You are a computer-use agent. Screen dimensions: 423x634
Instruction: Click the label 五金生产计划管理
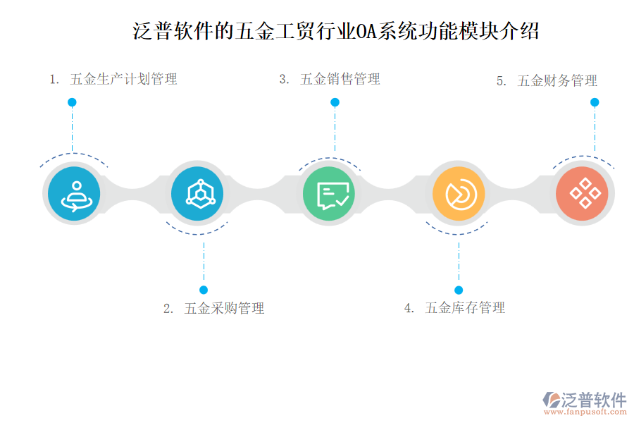(123, 79)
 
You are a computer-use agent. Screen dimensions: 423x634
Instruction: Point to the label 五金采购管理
(224, 308)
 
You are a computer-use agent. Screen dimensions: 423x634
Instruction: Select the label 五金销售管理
(340, 79)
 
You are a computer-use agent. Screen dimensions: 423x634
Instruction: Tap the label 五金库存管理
(465, 308)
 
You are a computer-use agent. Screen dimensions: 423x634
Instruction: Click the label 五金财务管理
(557, 81)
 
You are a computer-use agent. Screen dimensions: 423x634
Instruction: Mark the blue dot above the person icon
(72, 102)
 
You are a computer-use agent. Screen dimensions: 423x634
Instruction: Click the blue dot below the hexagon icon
(204, 290)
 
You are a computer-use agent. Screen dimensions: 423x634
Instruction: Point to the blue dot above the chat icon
(335, 102)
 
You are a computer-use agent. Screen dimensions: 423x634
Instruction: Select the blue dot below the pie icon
(459, 290)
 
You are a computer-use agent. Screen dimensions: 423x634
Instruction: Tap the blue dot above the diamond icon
(595, 102)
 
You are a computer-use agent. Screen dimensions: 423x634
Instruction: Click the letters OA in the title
(366, 32)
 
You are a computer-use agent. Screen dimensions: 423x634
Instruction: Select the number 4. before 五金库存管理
(409, 308)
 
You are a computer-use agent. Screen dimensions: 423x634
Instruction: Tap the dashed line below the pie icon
(459, 261)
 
